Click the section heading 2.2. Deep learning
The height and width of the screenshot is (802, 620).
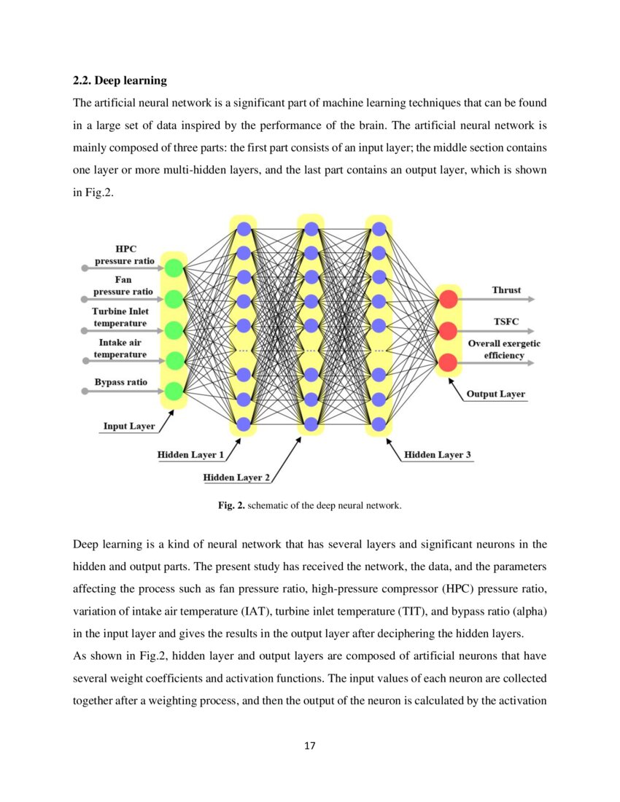120,80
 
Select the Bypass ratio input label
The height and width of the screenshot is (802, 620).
120,382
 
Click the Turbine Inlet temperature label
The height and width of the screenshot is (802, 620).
120,317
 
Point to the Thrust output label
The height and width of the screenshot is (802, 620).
506,290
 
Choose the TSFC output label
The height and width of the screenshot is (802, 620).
507,322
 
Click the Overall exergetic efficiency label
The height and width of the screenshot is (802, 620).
504,349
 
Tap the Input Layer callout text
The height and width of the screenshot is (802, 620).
128,427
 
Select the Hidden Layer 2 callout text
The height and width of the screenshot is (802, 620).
236,478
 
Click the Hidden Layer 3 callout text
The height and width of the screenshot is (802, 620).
438,455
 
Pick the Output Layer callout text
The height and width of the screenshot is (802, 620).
496,394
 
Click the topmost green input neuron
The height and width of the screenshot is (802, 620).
174,268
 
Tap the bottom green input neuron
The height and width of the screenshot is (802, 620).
174,392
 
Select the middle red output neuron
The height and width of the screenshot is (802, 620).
449,331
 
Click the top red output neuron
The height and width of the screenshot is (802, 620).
449,299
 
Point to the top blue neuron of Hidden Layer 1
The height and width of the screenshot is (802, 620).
244,228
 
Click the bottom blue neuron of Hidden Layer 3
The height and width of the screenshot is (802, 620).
379,424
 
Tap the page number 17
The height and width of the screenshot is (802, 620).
309,746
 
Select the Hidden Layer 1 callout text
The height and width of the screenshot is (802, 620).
190,455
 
